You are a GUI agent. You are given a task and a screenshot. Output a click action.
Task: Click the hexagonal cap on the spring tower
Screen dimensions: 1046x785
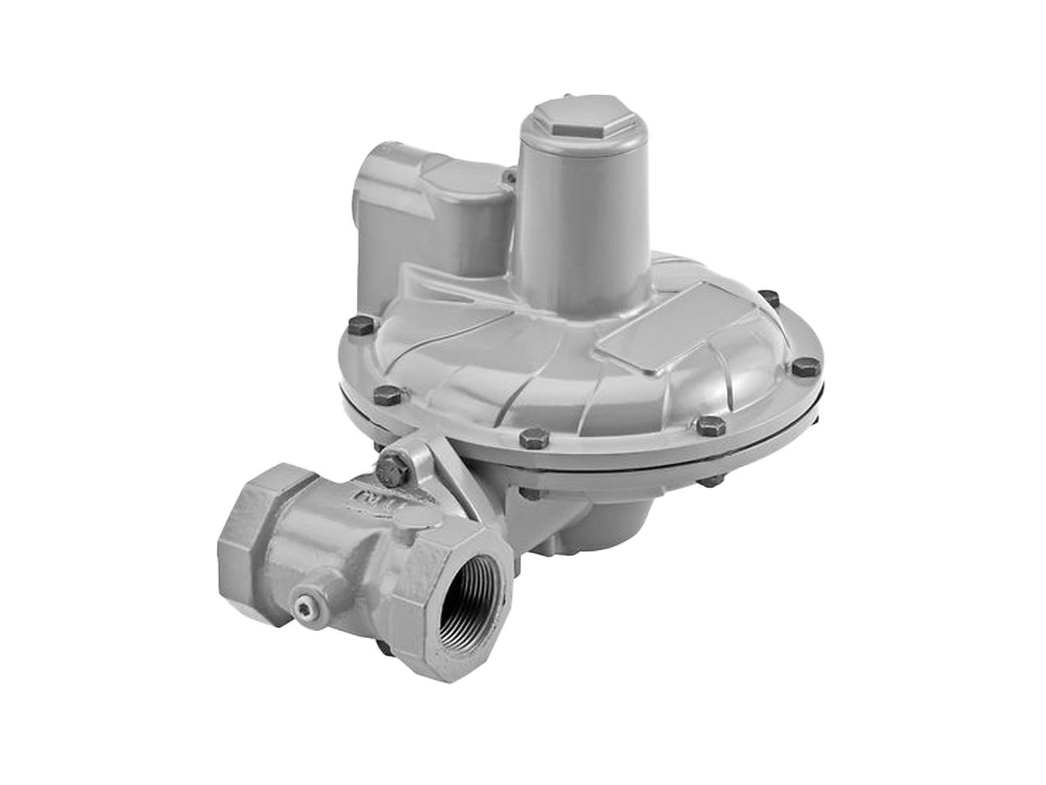562,121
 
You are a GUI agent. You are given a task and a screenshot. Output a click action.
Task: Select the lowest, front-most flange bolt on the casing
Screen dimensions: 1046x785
528,438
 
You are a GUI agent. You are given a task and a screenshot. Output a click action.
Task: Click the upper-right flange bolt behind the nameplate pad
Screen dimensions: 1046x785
766,300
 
